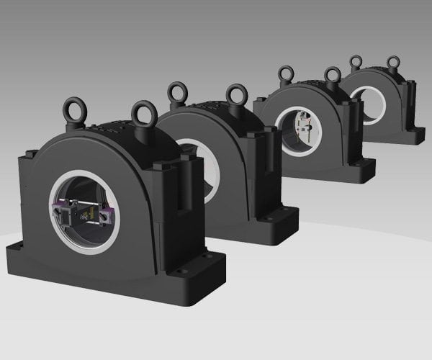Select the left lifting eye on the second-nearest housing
click(177, 92)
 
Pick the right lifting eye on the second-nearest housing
click(236, 95)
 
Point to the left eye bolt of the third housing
click(286, 74)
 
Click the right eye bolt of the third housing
click(332, 76)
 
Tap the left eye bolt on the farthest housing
click(356, 62)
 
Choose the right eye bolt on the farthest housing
click(392, 63)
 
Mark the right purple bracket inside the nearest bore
click(107, 214)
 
